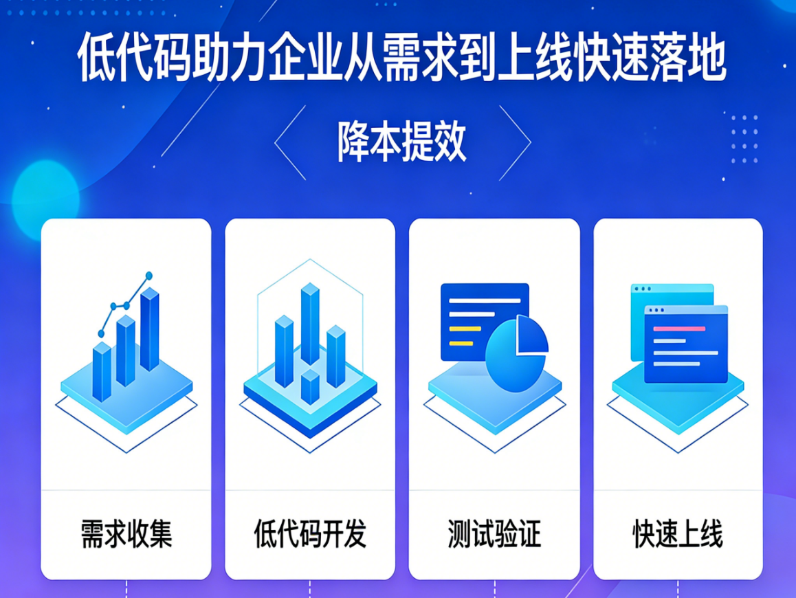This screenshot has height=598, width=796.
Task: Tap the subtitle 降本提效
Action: coord(402,142)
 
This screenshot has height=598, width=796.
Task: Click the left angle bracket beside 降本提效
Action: coord(289,142)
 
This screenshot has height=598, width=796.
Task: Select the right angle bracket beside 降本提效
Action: coord(515,142)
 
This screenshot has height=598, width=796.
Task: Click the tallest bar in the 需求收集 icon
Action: coord(149,330)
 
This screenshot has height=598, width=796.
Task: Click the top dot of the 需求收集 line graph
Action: coord(148,276)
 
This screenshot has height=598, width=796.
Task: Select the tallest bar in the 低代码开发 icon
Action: coord(310,323)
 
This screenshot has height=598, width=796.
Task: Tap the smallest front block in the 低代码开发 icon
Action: coord(310,387)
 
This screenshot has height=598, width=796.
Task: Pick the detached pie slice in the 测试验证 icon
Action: coord(531,335)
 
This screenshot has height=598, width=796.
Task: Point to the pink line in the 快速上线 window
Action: coord(678,329)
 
